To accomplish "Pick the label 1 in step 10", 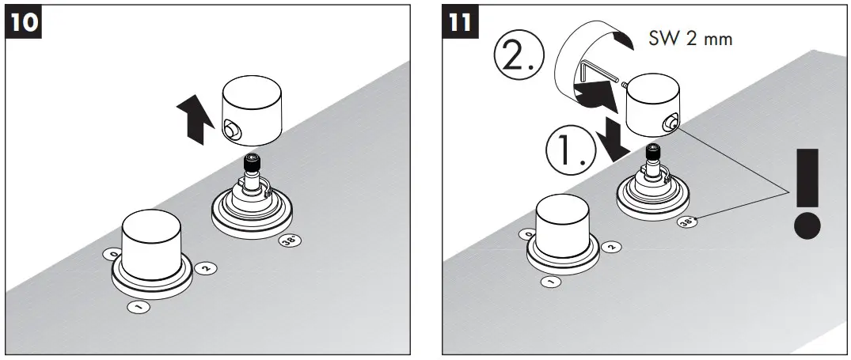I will pyautogui.click(x=139, y=305).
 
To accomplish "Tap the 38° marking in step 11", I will pyautogui.click(x=688, y=222).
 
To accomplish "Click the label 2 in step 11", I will pyautogui.click(x=610, y=247).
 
